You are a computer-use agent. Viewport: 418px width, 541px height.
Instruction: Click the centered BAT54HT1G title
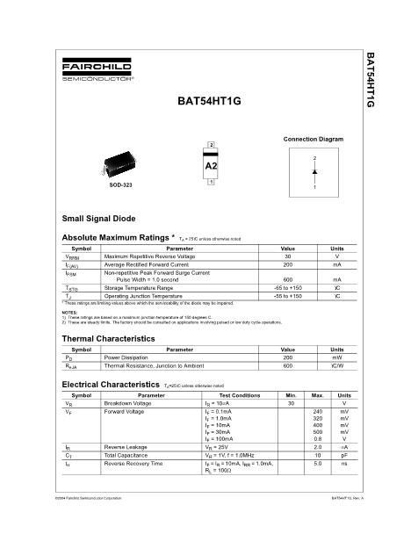point(208,101)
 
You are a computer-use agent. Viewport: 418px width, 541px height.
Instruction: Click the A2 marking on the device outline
point(211,165)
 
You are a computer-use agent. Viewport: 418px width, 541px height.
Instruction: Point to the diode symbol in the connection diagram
point(313,172)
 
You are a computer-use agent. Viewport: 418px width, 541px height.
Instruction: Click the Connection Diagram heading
point(313,140)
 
